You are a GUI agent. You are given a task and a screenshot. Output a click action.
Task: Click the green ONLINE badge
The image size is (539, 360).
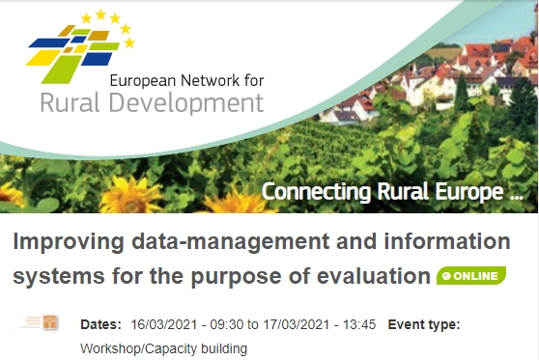[469, 276]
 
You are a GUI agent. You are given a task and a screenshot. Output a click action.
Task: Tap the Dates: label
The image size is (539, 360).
[100, 324]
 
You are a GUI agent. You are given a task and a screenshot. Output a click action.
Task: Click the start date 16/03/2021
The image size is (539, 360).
[161, 324]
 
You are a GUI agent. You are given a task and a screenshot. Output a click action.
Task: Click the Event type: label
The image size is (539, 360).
[424, 324]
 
